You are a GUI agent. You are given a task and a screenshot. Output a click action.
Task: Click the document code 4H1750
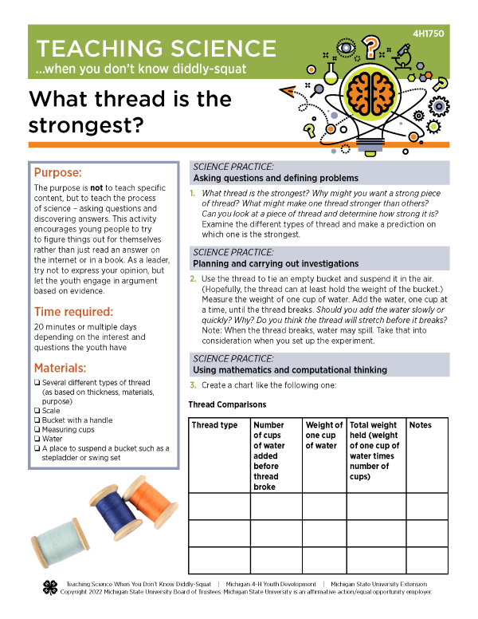click(431, 34)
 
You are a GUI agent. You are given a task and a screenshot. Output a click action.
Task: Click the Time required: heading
click(73, 311)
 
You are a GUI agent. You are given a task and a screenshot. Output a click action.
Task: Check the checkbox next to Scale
click(37, 411)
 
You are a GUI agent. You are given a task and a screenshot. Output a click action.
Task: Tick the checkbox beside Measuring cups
click(37, 429)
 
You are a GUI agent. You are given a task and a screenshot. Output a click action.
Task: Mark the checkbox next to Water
click(37, 439)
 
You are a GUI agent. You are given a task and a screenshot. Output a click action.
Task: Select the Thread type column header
click(214, 425)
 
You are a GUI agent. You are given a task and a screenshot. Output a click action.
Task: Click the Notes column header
click(420, 425)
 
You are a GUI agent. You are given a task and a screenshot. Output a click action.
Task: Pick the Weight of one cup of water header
click(323, 436)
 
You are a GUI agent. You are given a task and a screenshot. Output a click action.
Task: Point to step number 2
click(193, 278)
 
